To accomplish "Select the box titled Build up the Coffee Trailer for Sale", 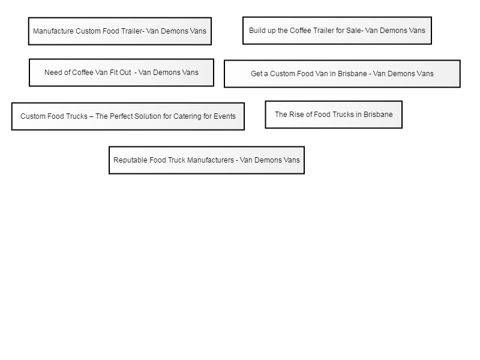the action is coord(337,31).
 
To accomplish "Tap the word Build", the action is coord(256,31).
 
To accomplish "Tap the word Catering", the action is coord(187,116).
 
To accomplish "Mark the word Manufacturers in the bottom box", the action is coord(211,160).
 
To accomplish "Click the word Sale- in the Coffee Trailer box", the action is coord(355,31).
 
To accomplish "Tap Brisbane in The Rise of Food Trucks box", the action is coord(378,114).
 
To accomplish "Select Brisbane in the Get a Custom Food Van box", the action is coord(352,73).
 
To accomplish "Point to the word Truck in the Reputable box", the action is coord(175,160).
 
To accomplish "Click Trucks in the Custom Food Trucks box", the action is coord(77,116).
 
